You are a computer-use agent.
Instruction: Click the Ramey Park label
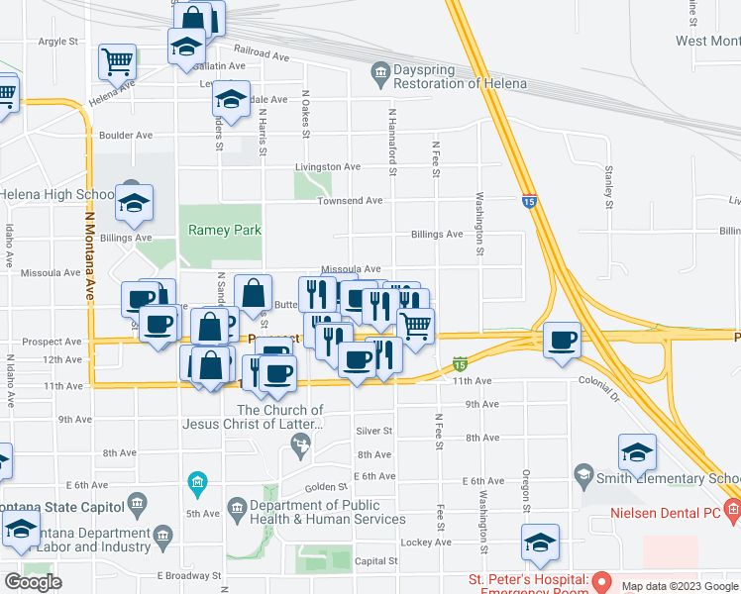coord(225,230)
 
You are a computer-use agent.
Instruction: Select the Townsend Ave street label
coord(350,201)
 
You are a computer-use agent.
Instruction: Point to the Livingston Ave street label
coord(325,167)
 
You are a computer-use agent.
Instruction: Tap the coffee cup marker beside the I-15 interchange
coord(562,338)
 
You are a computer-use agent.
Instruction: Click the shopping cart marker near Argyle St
coord(117,61)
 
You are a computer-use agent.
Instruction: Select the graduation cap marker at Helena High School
coord(134,202)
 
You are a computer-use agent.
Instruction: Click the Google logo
coord(33,581)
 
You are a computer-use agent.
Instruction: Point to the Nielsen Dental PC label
coord(665,512)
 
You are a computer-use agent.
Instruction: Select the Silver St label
coord(374,431)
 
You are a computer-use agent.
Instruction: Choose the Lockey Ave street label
coord(427,543)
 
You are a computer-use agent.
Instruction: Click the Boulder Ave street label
coord(126,135)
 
